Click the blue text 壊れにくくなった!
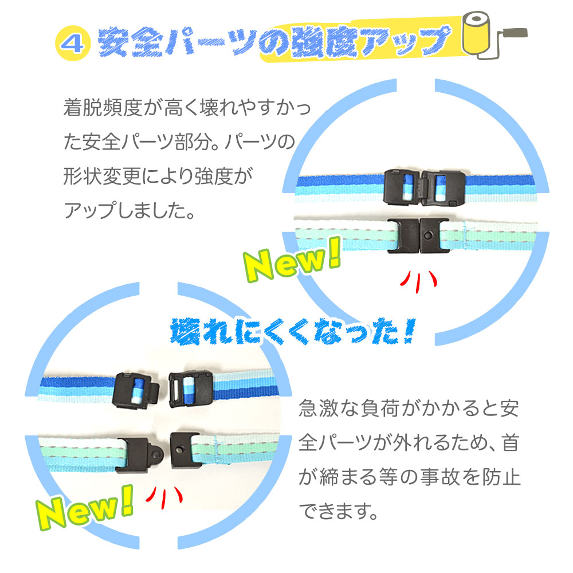point(292,331)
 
